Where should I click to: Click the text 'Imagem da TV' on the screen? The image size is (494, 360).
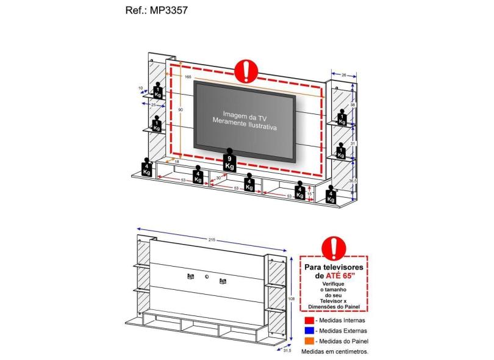(x=245, y=114)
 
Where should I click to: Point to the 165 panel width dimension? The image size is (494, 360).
(x=188, y=76)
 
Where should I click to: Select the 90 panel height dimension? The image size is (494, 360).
(x=181, y=110)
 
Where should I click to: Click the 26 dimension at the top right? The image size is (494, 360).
(x=344, y=76)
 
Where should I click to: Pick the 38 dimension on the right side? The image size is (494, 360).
(x=353, y=104)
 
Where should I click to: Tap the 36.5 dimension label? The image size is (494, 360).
(x=353, y=181)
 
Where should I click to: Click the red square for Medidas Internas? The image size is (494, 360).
(x=309, y=320)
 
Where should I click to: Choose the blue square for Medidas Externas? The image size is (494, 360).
(x=309, y=331)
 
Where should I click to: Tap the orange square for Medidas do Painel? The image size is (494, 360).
(x=309, y=341)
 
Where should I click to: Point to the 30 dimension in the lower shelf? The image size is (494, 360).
(x=218, y=178)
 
